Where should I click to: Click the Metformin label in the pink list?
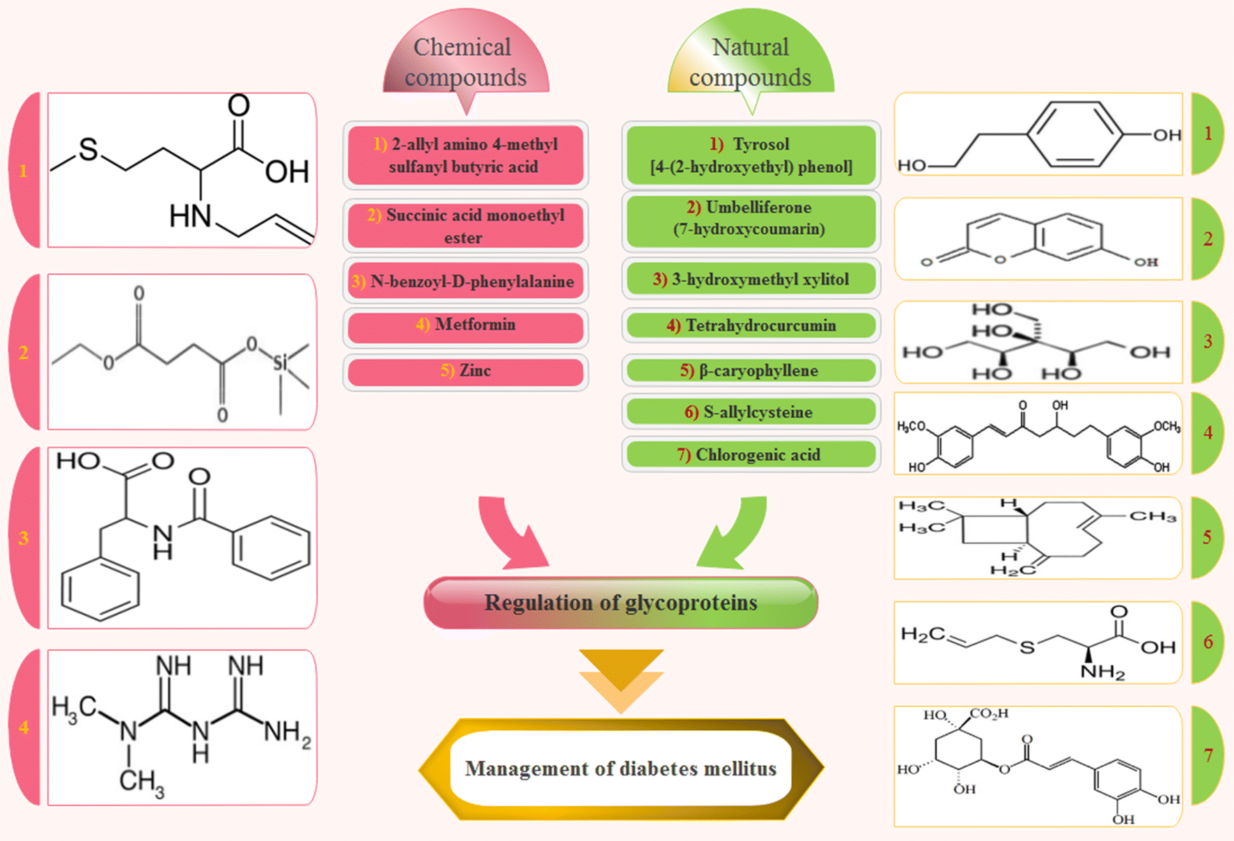pyautogui.click(x=465, y=325)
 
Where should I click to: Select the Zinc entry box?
pyautogui.click(x=465, y=371)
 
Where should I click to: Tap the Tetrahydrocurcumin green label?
pyautogui.click(x=751, y=325)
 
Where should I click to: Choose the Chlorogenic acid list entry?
pyautogui.click(x=751, y=455)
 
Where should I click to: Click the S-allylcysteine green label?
pyautogui.click(x=751, y=412)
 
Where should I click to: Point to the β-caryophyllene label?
pyautogui.click(x=751, y=371)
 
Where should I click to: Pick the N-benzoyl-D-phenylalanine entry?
pyautogui.click(x=465, y=281)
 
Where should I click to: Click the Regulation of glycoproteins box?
pyautogui.click(x=620, y=603)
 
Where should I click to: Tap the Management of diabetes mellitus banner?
pyautogui.click(x=620, y=769)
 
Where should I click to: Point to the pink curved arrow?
pyautogui.click(x=512, y=533)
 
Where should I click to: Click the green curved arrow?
pyautogui.click(x=735, y=533)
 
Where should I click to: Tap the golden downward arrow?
pyautogui.click(x=620, y=679)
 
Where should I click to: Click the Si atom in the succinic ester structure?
pyautogui.click(x=280, y=362)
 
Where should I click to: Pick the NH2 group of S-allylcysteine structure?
pyautogui.click(x=1102, y=672)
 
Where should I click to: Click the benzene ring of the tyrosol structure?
pyautogui.click(x=1075, y=134)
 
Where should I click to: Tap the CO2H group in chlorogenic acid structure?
pyautogui.click(x=989, y=714)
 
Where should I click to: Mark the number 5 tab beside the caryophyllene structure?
pyautogui.click(x=1207, y=537)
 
